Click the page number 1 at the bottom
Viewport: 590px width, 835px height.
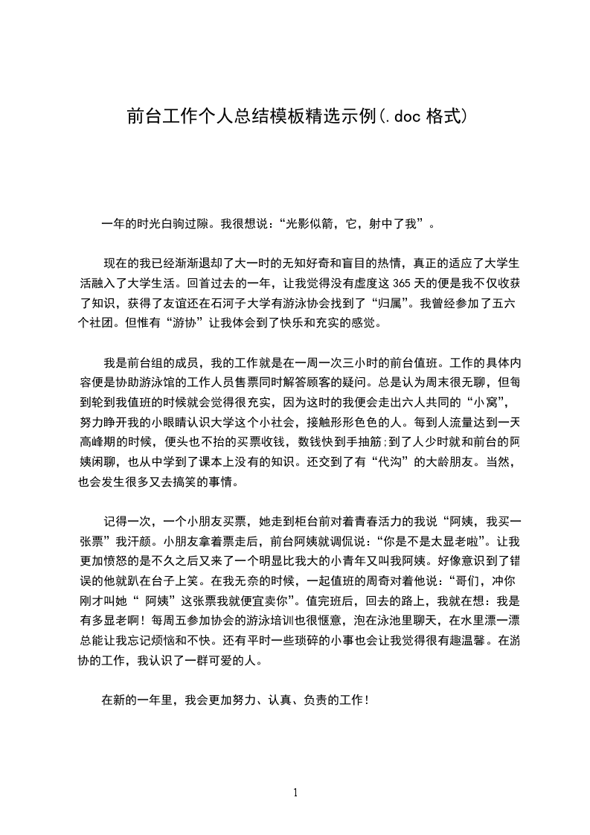pyautogui.click(x=296, y=792)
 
